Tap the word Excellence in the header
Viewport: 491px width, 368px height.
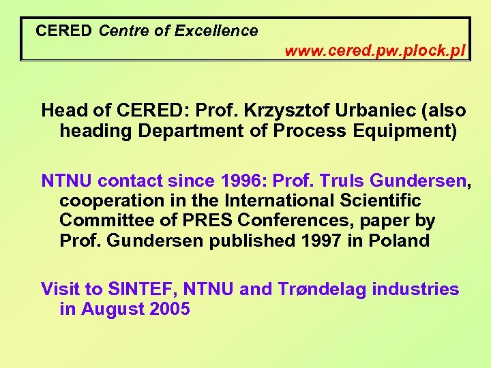tap(216, 31)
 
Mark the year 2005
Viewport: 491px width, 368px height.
tap(168, 309)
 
